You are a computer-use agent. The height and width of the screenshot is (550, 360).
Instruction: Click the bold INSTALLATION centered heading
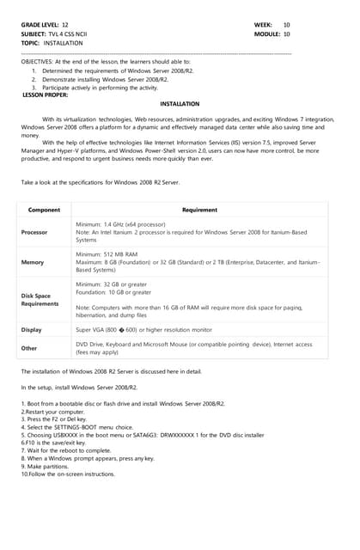click(180, 104)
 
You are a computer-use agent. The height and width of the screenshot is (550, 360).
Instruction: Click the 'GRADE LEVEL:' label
click(40, 26)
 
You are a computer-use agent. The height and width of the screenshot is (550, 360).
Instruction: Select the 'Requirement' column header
click(199, 210)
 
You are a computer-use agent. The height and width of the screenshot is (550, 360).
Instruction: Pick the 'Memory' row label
click(33, 262)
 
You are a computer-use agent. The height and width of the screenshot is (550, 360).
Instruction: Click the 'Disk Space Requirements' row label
click(40, 299)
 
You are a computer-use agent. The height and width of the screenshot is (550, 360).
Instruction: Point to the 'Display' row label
click(32, 329)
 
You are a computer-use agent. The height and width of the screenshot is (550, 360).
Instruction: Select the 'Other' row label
click(29, 348)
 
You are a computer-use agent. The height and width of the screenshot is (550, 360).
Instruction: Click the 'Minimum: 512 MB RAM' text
click(107, 255)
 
